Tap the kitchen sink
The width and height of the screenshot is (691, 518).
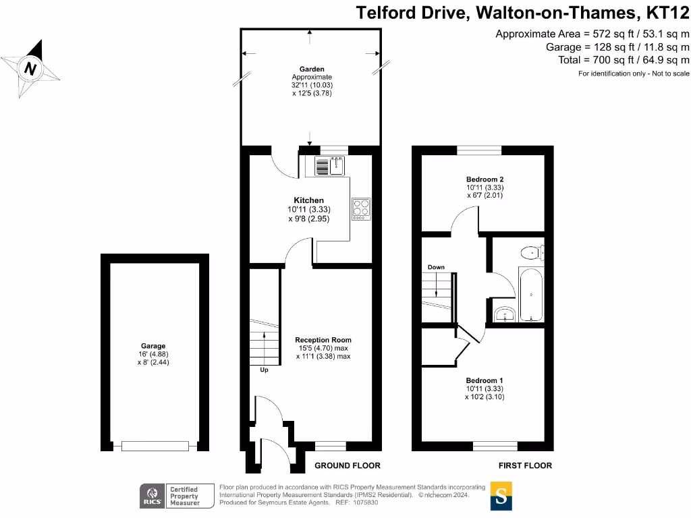330,165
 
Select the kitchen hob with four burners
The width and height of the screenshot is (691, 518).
361,208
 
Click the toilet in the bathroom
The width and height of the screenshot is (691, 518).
532,253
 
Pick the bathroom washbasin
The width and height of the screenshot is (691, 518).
504,314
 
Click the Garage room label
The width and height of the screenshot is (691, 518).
155,346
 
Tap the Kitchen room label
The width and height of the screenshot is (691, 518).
308,200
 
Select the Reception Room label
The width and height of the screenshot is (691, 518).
323,340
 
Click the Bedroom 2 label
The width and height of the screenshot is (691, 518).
484,179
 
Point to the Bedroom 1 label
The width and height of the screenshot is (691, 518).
484,380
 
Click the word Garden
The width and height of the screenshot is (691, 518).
312,69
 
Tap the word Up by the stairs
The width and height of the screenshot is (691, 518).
264,370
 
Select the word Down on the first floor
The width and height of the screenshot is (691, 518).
436,267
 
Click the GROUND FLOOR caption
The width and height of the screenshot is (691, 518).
348,465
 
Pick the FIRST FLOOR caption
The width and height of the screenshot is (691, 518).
525,465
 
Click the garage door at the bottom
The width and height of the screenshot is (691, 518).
155,446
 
